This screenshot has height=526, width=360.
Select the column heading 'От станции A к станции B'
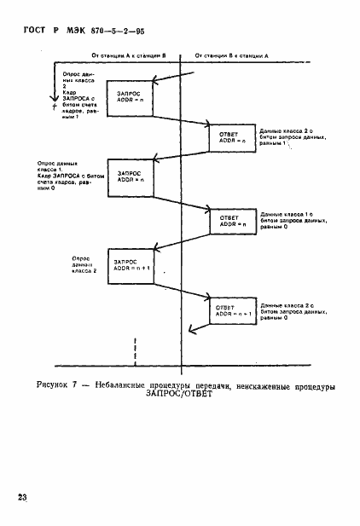point(129,55)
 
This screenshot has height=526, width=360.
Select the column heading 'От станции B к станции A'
point(230,55)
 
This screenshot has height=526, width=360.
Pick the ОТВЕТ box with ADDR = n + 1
point(233,309)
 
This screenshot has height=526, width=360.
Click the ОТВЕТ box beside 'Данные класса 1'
point(233,221)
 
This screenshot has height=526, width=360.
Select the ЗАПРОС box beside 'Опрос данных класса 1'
point(131,176)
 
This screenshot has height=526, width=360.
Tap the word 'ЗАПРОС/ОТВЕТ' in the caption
point(180,395)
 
